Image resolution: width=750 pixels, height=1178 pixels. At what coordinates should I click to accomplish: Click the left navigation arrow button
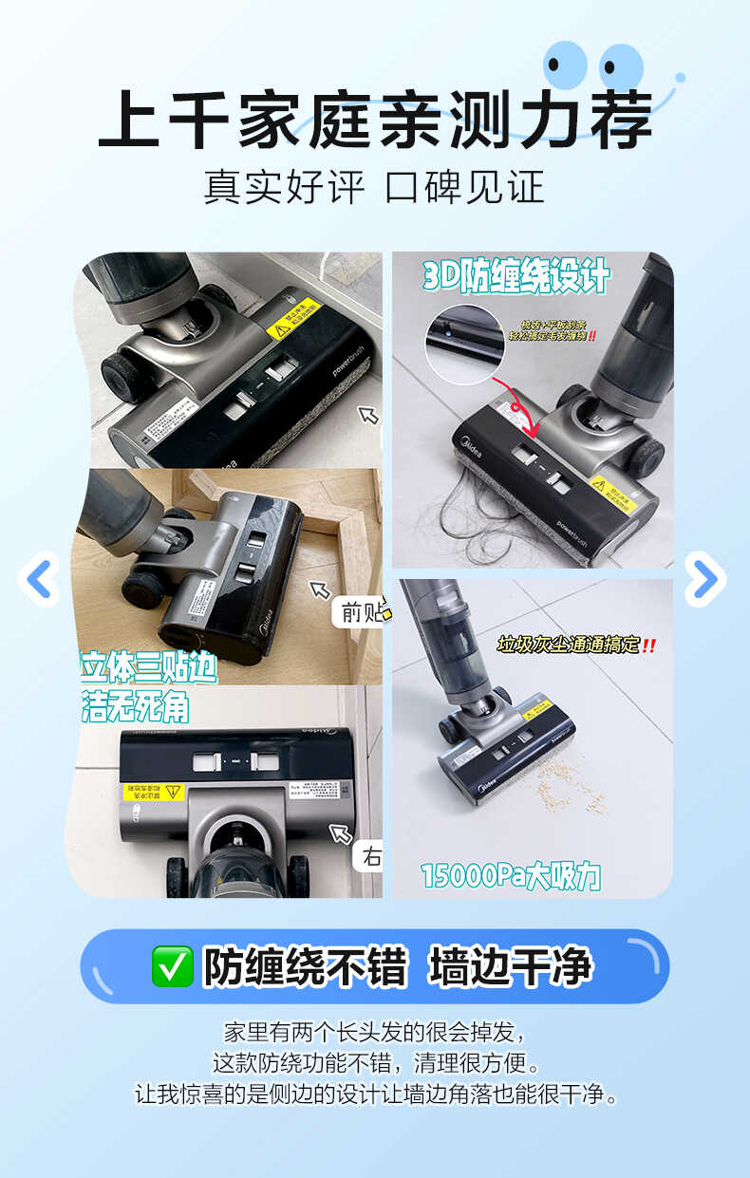tap(39, 579)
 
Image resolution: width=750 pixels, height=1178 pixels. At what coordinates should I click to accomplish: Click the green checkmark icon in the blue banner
tap(172, 966)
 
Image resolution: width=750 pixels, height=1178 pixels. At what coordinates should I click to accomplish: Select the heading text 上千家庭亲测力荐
tap(375, 119)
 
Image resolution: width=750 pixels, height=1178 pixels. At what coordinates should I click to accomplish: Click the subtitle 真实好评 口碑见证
tap(374, 187)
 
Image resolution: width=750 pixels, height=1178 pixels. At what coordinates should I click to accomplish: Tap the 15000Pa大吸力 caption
tap(511, 874)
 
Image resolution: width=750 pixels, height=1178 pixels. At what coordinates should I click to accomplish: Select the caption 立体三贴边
tap(149, 667)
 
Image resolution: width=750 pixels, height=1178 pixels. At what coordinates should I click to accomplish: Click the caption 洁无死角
tap(135, 706)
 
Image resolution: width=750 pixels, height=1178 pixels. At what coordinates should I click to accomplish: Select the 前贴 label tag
tap(361, 612)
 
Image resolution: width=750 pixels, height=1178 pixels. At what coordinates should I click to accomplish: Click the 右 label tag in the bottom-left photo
tap(370, 857)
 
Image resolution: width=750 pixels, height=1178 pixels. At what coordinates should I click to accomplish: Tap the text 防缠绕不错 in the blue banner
tap(305, 966)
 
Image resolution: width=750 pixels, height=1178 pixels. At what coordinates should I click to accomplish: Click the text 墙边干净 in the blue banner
tap(511, 966)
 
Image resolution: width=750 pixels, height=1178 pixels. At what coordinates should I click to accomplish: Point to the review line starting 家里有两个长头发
tap(374, 1032)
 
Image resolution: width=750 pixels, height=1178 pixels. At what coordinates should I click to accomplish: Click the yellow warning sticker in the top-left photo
tap(292, 321)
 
